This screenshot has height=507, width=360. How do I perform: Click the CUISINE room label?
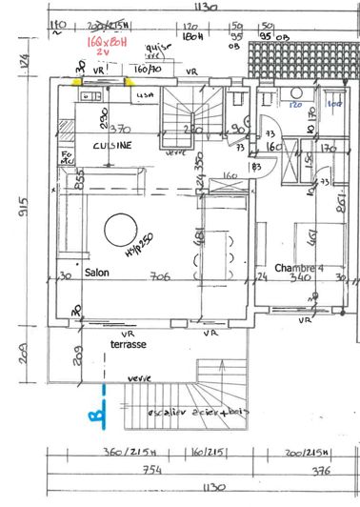(x=111, y=144)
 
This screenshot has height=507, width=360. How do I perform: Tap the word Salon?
(x=97, y=273)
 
